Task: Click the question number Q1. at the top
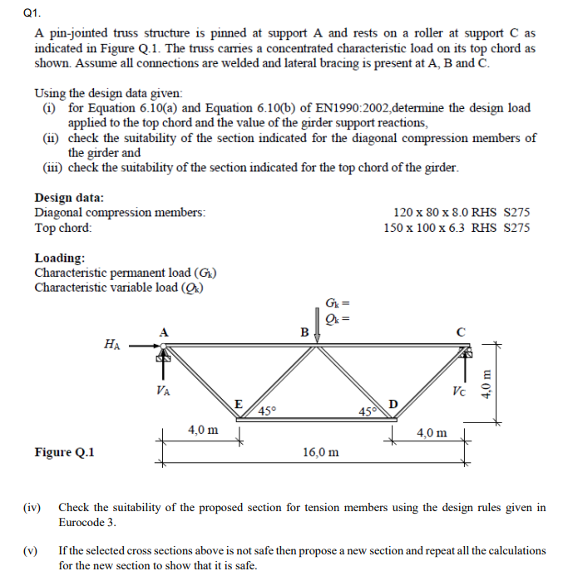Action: [12, 13]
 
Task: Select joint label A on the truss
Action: [164, 332]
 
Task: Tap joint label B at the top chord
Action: [304, 332]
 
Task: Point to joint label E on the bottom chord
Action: [238, 404]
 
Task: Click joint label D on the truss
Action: [394, 404]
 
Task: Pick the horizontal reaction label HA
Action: [111, 342]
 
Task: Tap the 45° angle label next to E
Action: [267, 411]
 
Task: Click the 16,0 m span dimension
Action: [321, 452]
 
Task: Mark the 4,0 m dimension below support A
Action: [203, 430]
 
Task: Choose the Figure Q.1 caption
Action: [65, 452]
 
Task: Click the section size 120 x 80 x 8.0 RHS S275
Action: [459, 213]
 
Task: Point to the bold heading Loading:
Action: [59, 258]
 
